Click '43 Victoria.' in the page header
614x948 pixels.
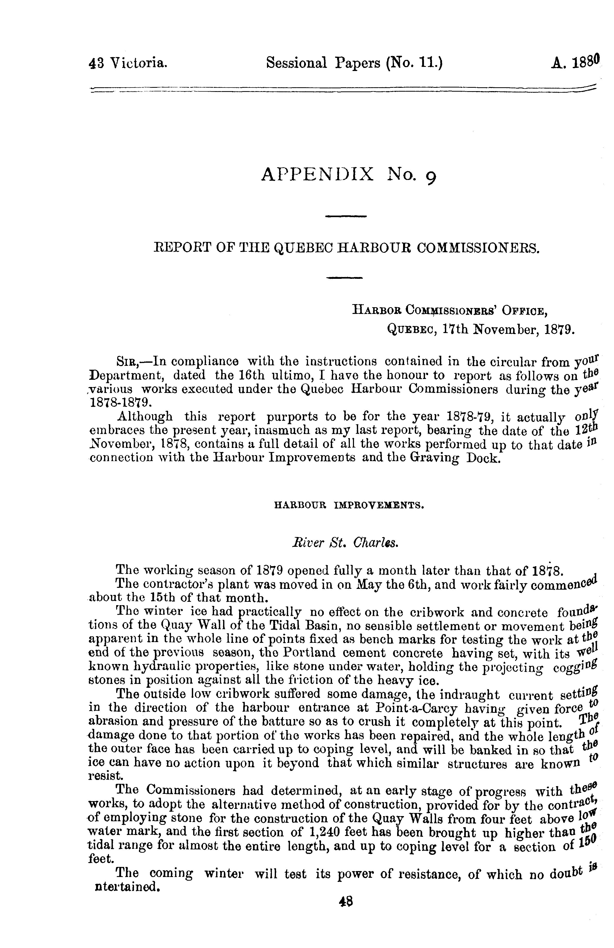(x=128, y=63)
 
